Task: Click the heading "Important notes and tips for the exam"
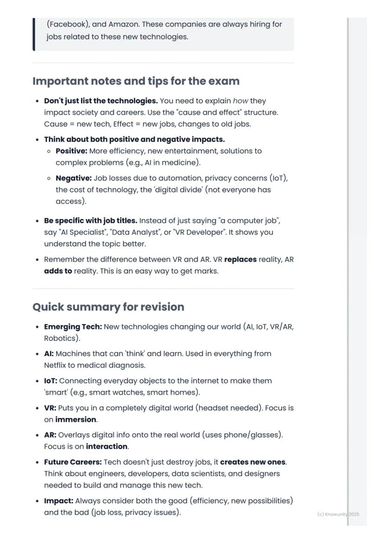point(136,81)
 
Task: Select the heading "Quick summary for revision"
point(108,307)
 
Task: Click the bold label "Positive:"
point(71,151)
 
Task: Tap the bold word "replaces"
point(240,260)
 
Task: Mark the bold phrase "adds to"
point(58,271)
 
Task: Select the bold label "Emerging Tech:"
point(73,327)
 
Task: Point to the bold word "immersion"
point(76,420)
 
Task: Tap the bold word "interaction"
point(107,447)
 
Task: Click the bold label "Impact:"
point(58,501)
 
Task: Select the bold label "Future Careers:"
point(73,462)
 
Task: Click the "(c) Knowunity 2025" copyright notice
point(338,514)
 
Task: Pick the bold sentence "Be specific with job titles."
point(90,221)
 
